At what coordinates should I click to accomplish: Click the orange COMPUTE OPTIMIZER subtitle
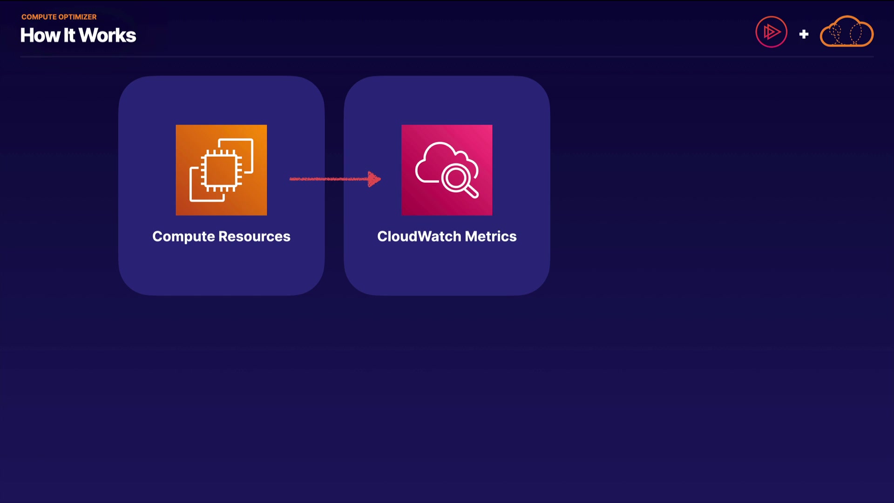(59, 17)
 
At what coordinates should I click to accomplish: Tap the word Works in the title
(108, 35)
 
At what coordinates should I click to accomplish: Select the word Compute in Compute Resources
(183, 237)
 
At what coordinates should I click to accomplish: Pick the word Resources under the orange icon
(254, 236)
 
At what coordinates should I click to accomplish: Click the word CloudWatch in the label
(419, 236)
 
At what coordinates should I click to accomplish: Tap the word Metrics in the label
(491, 236)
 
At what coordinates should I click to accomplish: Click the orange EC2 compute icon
(221, 170)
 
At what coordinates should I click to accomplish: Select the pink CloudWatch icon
(447, 170)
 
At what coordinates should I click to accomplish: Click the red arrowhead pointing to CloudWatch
(374, 179)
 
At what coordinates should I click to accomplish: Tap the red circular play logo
(772, 32)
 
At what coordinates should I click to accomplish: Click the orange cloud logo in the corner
(847, 31)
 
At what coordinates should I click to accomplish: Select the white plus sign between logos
(804, 34)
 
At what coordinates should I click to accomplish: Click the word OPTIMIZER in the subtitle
(78, 17)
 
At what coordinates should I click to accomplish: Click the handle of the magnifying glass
(471, 191)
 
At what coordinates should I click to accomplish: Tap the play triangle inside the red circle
(772, 32)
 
